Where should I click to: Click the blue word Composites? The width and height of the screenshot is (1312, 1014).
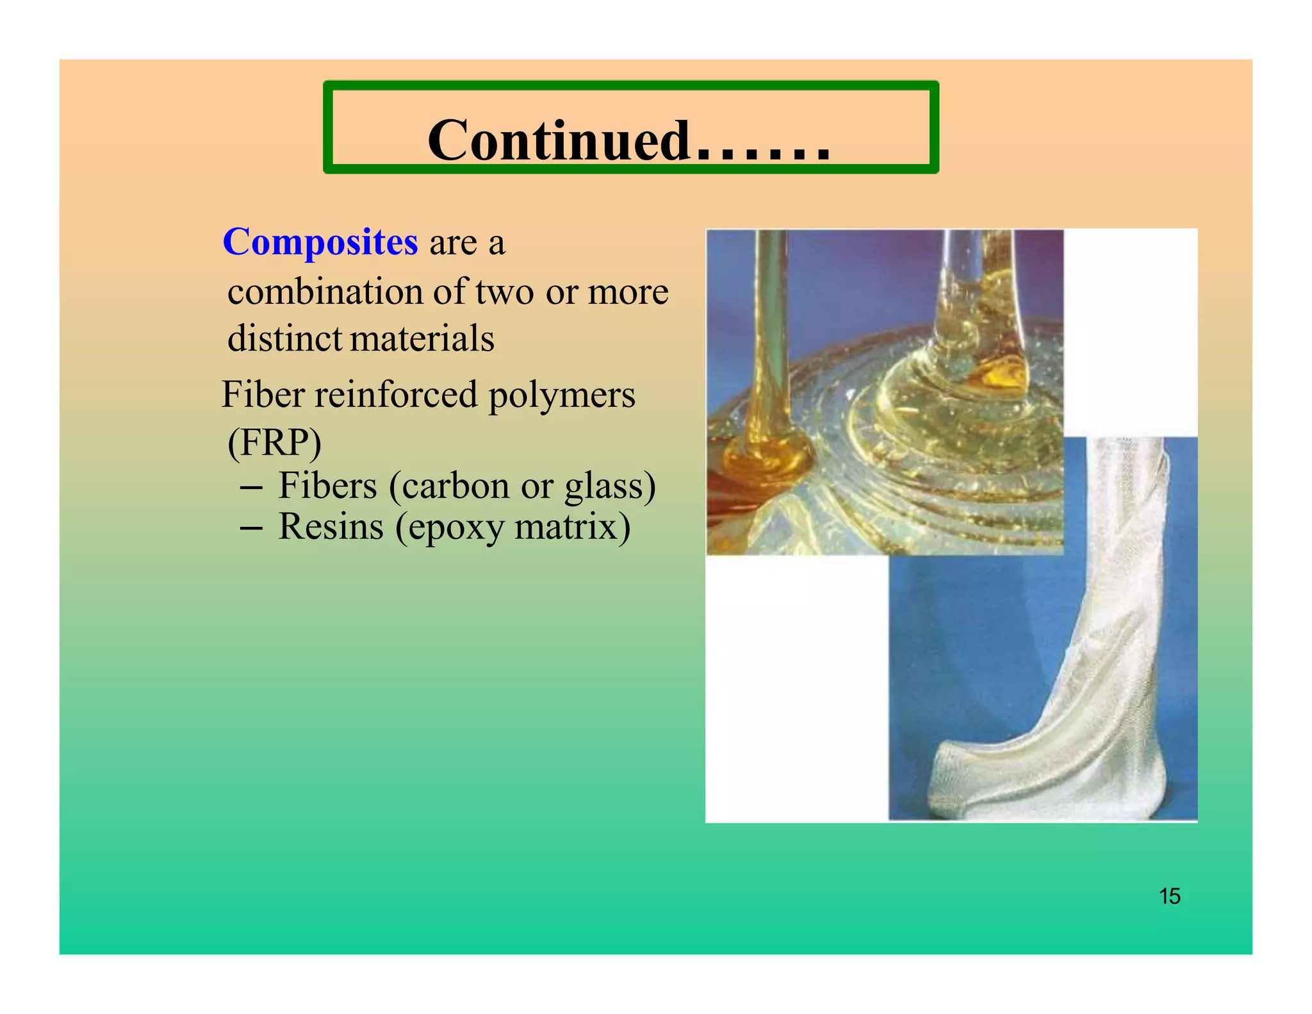click(320, 243)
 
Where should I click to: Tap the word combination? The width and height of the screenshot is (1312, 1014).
click(325, 292)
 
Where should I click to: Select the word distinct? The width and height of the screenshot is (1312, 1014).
click(285, 338)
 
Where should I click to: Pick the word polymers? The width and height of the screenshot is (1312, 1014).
click(562, 395)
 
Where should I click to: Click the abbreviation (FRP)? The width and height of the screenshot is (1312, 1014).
click(274, 442)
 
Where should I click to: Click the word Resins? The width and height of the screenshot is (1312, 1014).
click(331, 528)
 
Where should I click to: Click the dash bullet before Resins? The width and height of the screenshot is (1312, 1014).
click(250, 529)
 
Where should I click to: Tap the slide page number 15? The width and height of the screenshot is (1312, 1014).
click(1169, 896)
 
